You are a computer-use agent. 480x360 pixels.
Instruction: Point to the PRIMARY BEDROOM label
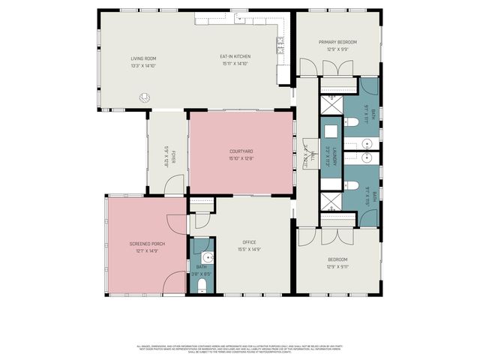click(337, 42)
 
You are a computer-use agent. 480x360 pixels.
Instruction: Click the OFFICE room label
click(249, 242)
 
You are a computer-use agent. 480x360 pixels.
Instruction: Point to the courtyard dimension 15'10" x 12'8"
click(241, 158)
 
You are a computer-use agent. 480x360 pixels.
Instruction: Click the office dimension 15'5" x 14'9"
click(249, 249)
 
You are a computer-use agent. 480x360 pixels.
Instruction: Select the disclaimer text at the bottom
click(240, 349)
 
